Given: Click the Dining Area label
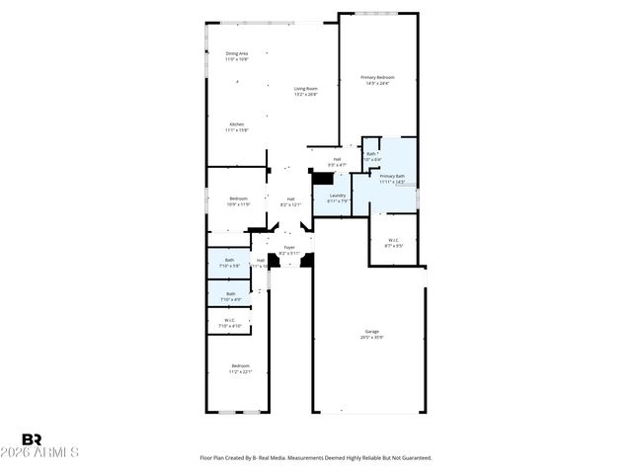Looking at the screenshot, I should tap(237, 53).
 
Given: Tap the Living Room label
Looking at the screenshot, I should tap(305, 89).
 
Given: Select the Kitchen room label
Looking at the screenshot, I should tap(237, 124).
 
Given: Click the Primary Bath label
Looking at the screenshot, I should tap(393, 176).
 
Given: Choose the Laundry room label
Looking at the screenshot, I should tap(336, 195).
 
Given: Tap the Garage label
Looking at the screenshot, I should tap(372, 331).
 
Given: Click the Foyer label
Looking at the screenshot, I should tap(289, 247).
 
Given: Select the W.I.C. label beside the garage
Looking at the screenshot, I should tap(393, 239).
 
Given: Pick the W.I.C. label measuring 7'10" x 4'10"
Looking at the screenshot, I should tap(229, 320).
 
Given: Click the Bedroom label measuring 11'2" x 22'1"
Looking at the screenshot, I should tap(241, 365).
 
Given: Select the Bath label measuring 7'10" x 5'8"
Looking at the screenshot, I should tap(229, 260).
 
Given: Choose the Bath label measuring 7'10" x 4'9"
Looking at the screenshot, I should tap(230, 292).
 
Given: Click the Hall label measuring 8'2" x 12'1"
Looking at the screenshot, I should tap(291, 199).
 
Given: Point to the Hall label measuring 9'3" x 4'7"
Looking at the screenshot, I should tap(337, 159).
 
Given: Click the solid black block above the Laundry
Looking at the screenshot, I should tap(322, 178).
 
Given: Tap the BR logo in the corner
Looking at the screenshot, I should tap(33, 439).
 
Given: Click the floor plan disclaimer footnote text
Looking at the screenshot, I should tap(316, 458).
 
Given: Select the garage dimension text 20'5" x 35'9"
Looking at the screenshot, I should tap(372, 338).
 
